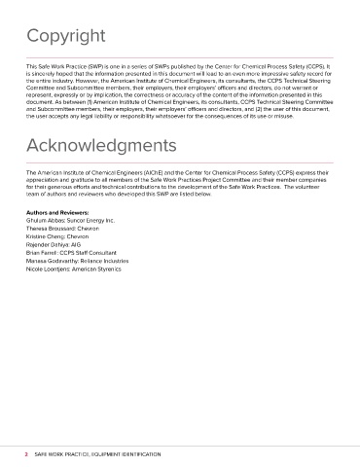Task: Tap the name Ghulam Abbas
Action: point(48,222)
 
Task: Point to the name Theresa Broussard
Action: point(54,231)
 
